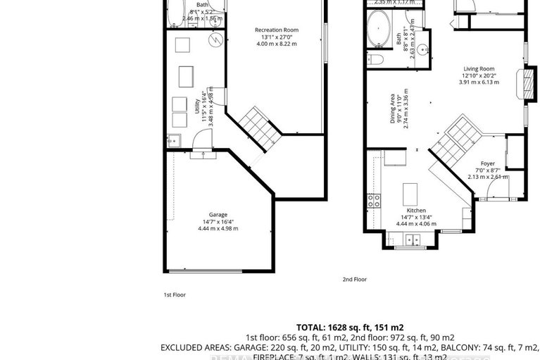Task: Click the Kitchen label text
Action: point(415,211)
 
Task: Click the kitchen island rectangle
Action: point(409,192)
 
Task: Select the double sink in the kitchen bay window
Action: point(408,240)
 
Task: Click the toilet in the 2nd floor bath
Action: point(375,59)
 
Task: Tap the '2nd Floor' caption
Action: point(355,280)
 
